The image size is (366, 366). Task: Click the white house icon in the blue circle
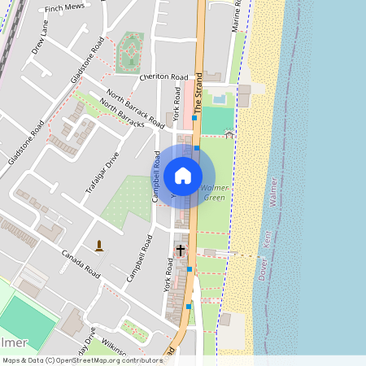[x=183, y=175]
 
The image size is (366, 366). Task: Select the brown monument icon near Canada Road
[x=100, y=245]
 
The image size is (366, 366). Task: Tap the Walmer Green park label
[x=213, y=193]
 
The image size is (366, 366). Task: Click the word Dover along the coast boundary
[x=263, y=269]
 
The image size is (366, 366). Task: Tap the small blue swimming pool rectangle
[x=219, y=98]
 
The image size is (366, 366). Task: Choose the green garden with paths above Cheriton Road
[x=129, y=53]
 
